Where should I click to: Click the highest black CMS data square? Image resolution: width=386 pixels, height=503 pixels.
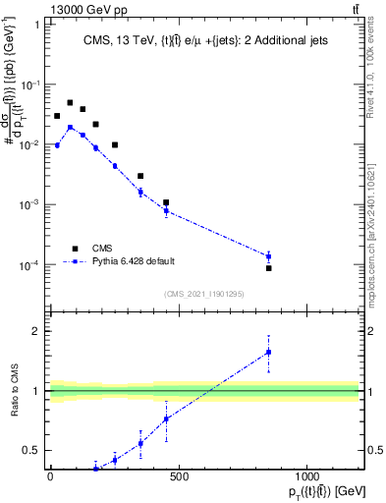click(x=70, y=102)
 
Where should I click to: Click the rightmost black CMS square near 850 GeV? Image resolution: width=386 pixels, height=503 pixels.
click(x=268, y=267)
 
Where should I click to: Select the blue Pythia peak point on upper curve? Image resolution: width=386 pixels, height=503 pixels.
click(x=70, y=127)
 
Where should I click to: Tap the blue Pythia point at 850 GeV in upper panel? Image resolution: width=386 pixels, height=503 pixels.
click(x=268, y=256)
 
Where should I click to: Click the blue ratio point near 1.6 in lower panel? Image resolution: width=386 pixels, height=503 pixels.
click(x=268, y=352)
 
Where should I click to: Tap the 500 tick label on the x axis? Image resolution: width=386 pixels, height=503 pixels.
click(x=178, y=477)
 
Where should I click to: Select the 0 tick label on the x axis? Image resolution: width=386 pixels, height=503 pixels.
click(x=50, y=477)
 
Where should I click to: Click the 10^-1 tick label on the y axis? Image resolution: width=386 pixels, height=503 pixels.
click(x=32, y=84)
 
